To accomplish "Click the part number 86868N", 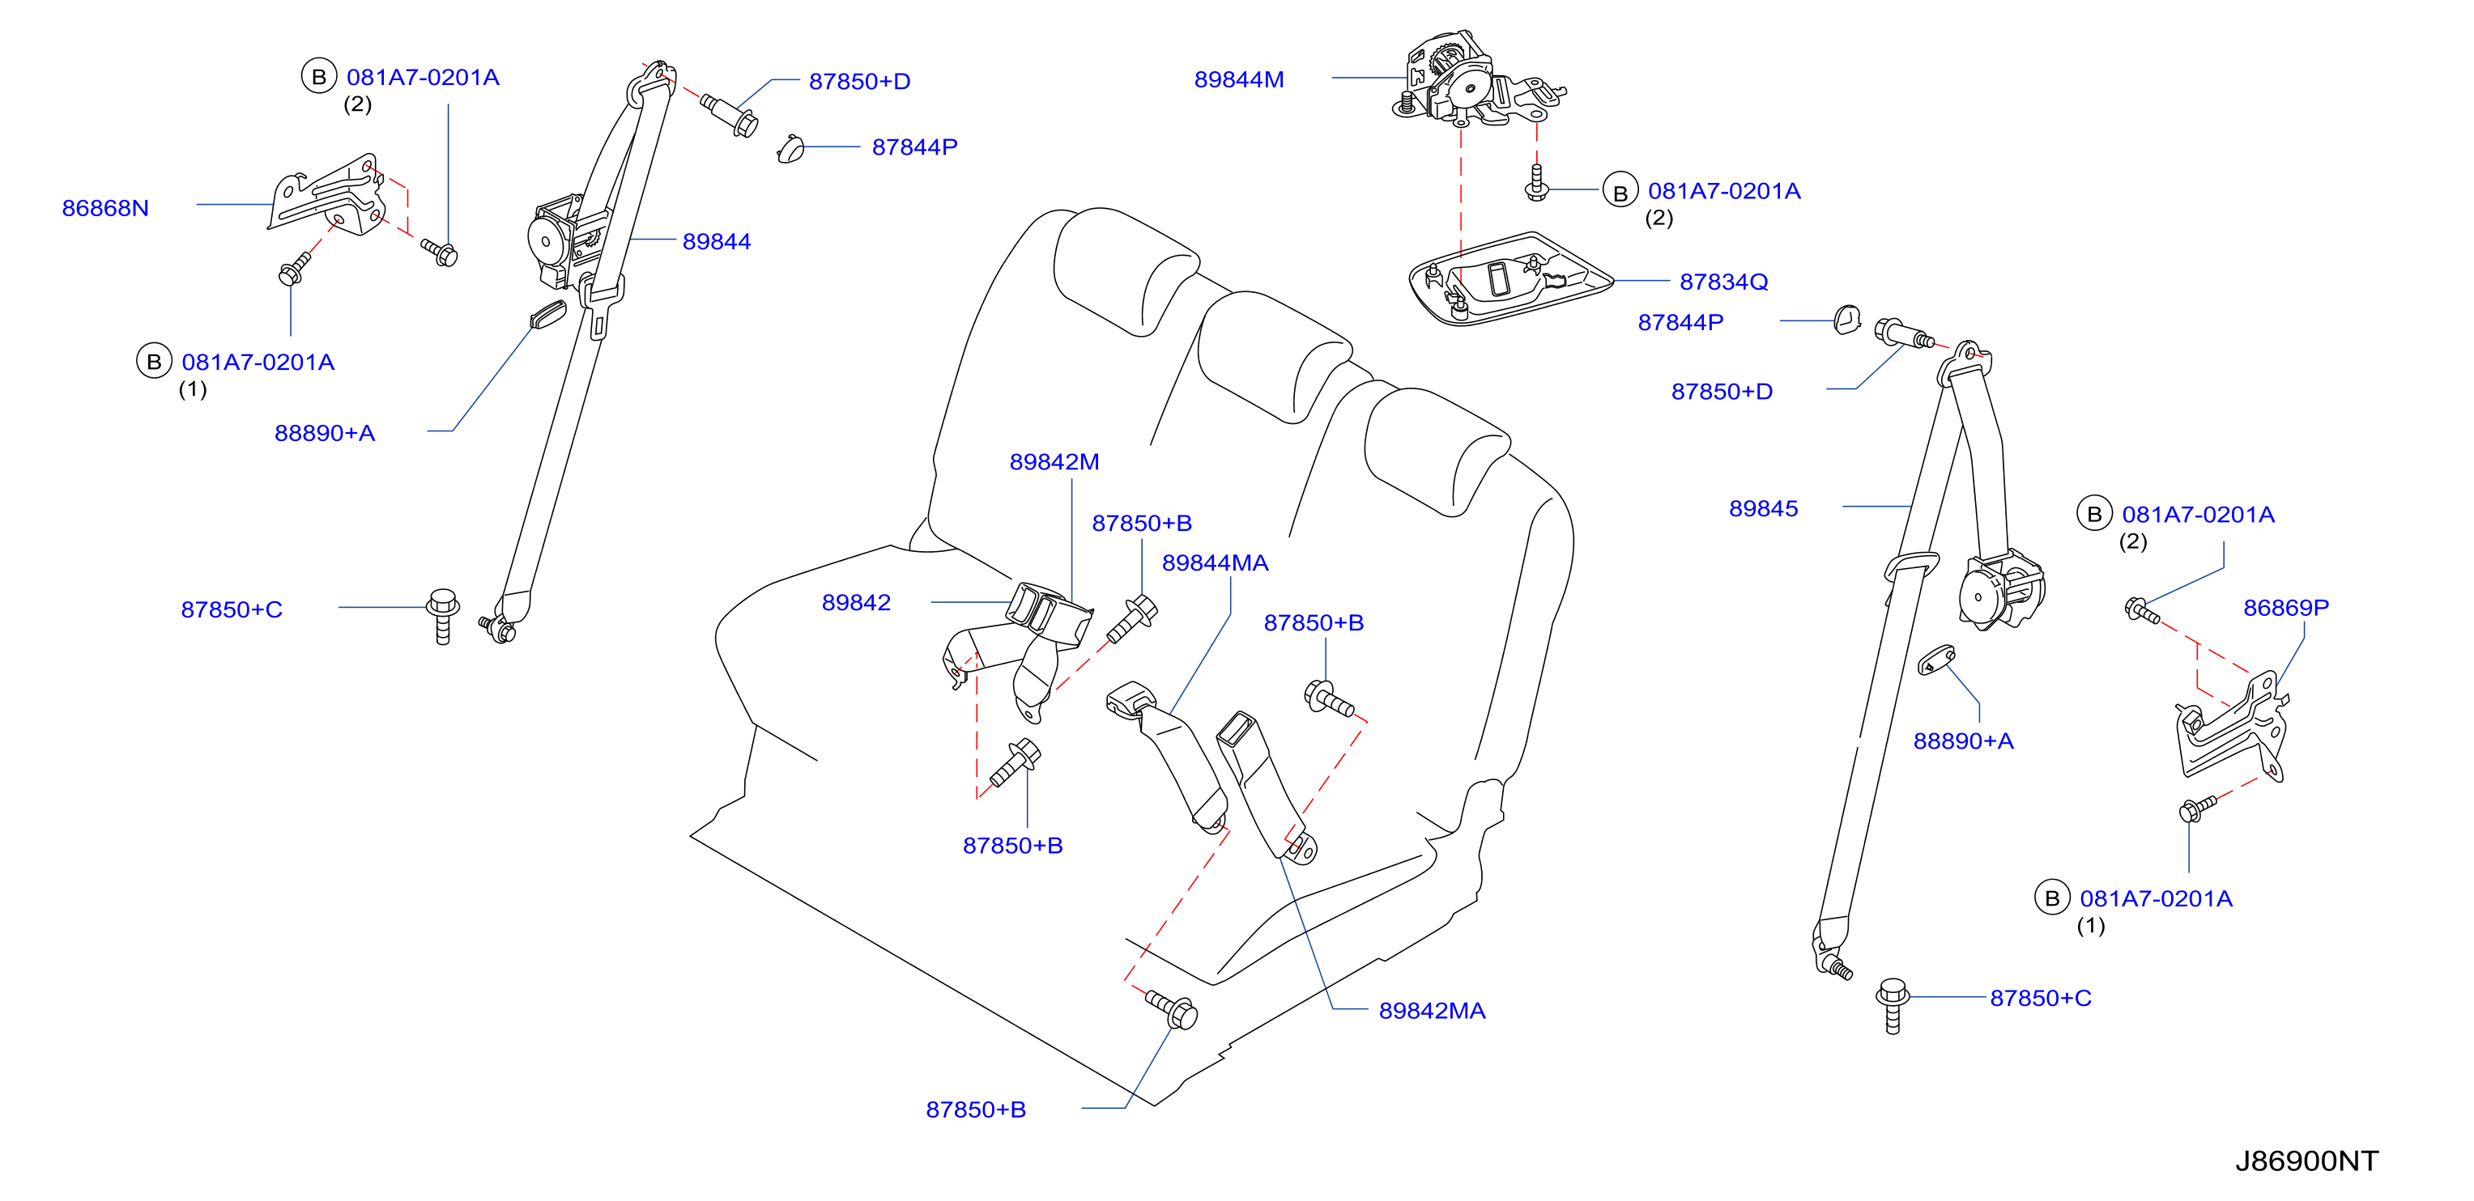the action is [x=105, y=208].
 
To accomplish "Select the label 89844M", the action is [x=1239, y=79].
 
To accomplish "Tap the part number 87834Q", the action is [x=1723, y=282].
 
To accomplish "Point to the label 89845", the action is [x=1763, y=509].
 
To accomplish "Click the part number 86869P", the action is [x=2286, y=608].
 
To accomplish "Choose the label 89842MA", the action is [x=1432, y=1011].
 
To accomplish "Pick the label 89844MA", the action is [x=1215, y=562].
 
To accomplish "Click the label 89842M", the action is [x=1054, y=462].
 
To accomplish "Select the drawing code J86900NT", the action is [x=2307, y=1161].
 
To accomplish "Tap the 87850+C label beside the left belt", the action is [x=232, y=609].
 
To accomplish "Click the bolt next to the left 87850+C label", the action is [x=443, y=617].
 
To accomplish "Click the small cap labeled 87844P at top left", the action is [x=790, y=149].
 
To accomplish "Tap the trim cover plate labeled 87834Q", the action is [x=1510, y=278].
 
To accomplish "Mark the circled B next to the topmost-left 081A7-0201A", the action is [x=319, y=76].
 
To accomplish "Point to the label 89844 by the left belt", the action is [x=717, y=242].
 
